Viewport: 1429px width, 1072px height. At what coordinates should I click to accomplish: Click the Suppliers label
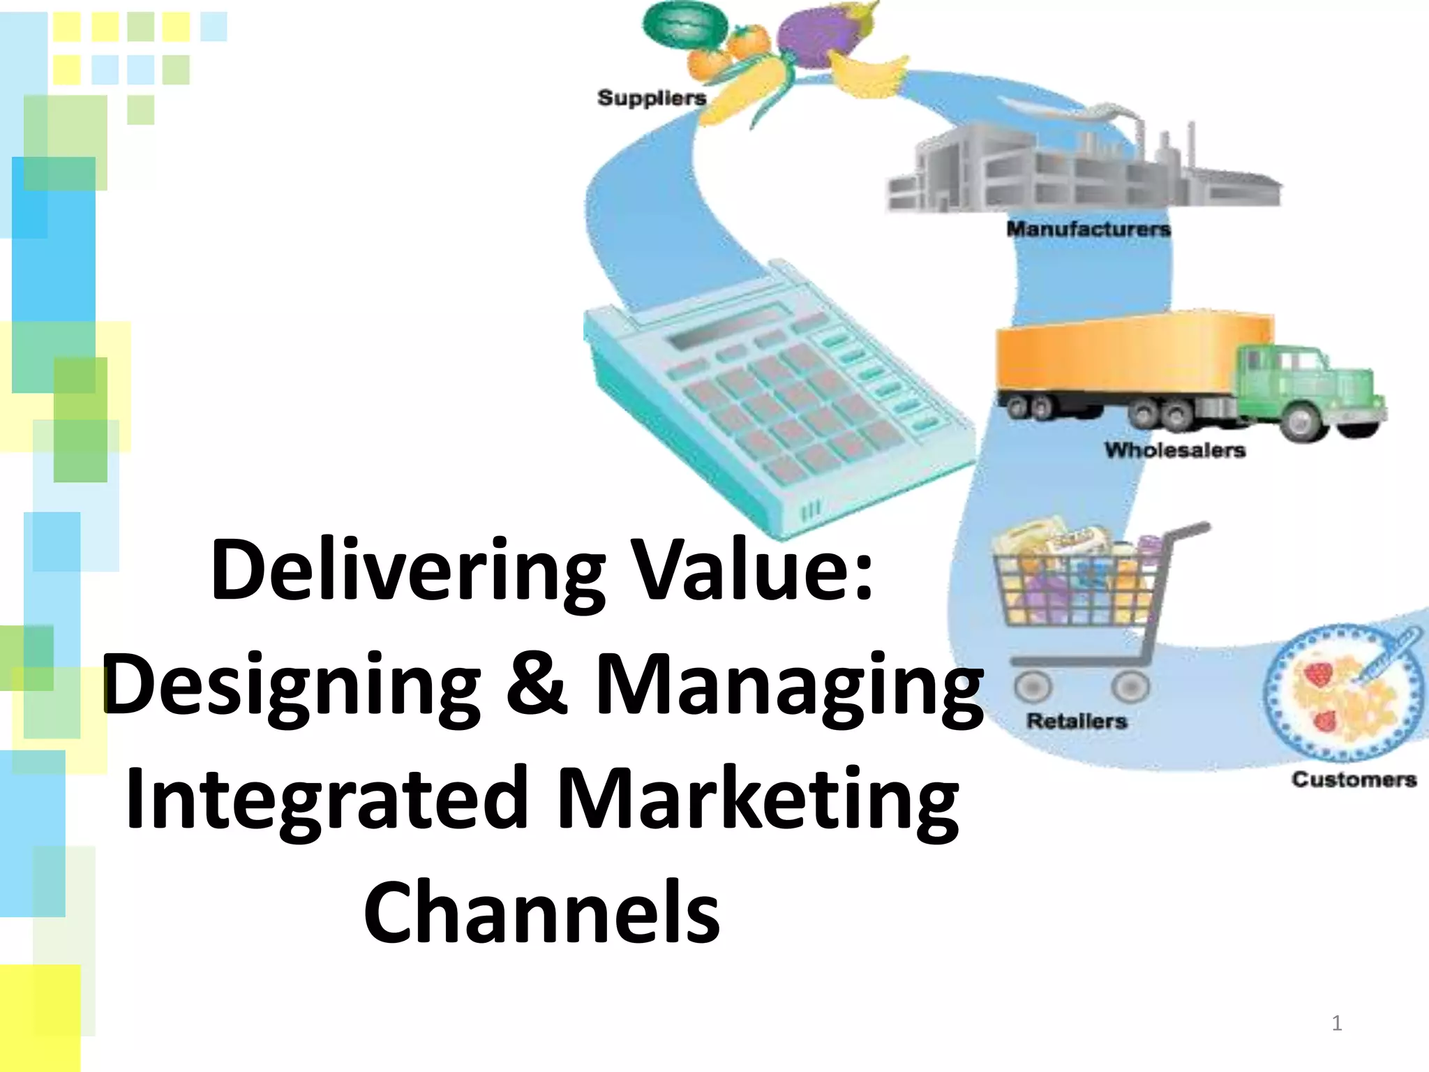click(652, 98)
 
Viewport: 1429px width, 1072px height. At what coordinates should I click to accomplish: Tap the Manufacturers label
click(1088, 229)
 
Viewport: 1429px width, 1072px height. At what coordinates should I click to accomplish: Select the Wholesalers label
click(1174, 450)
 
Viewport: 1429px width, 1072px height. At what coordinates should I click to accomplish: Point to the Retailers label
click(1077, 721)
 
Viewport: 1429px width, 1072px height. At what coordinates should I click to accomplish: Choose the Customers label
click(1354, 779)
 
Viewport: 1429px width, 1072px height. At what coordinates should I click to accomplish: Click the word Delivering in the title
click(408, 571)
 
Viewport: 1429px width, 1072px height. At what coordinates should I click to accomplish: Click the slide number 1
click(1337, 1023)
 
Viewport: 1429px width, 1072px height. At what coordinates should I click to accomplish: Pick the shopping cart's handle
click(1186, 534)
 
